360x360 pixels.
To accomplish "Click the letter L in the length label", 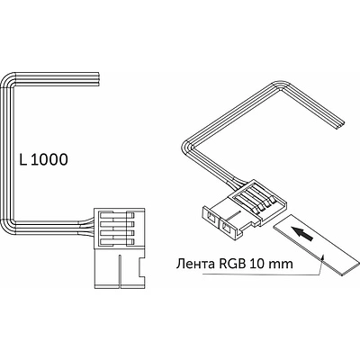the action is point(23,159).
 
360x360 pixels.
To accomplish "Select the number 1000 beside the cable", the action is point(49,159).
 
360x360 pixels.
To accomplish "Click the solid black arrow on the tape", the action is point(303,233).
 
